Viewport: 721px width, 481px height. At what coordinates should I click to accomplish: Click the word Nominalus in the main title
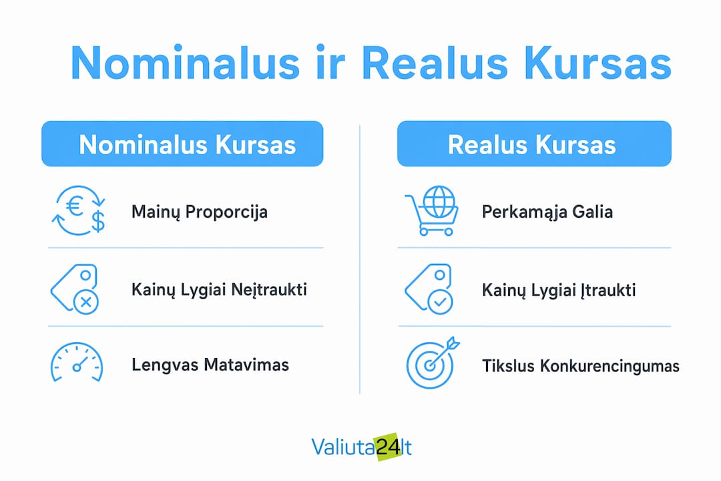click(186, 63)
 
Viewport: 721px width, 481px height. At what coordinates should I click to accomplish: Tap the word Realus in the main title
click(435, 63)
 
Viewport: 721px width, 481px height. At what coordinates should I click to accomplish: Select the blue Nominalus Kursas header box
click(182, 144)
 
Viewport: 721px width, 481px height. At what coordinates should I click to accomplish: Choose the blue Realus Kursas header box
click(534, 144)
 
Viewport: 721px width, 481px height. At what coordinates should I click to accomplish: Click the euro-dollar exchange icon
click(79, 210)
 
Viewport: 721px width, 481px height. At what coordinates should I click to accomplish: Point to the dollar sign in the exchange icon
click(98, 220)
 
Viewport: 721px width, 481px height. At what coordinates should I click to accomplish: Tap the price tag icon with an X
click(75, 289)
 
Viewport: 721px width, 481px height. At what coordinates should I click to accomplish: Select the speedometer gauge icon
click(76, 362)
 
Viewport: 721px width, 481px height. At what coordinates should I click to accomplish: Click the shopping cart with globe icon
click(432, 210)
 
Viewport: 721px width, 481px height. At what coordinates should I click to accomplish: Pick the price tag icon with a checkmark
click(429, 289)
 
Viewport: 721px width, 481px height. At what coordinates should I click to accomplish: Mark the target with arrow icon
click(433, 362)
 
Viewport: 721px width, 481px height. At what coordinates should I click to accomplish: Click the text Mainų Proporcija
click(200, 212)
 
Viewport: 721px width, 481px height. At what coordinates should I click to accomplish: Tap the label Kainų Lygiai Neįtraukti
click(220, 290)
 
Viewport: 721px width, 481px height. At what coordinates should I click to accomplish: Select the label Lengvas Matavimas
click(210, 365)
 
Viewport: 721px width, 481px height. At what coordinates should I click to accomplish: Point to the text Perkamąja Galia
click(547, 212)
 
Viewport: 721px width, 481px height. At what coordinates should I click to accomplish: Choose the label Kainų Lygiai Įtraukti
click(559, 291)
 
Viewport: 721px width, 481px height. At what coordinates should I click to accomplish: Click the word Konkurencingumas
click(610, 366)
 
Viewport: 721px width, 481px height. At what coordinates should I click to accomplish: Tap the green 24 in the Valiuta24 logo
click(388, 447)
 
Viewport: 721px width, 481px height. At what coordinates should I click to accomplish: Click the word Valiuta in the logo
click(344, 447)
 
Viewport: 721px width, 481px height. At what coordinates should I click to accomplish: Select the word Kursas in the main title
click(597, 63)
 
